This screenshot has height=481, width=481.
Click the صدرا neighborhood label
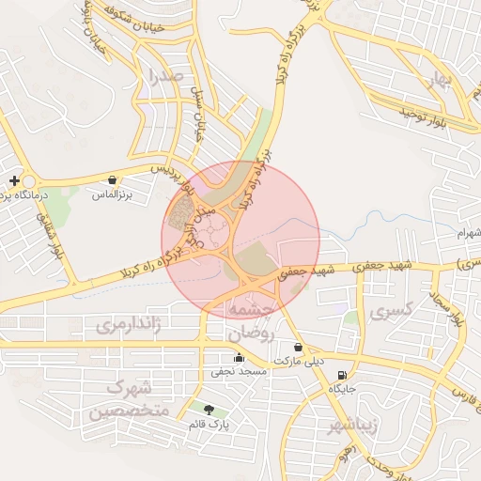164,79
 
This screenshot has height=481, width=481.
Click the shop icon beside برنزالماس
113,179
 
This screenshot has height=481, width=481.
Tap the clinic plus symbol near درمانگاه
13,180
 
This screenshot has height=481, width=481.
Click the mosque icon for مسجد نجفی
239,358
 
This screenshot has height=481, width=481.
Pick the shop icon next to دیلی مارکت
298,348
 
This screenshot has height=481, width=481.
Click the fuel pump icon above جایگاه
339,375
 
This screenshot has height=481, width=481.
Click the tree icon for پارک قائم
208,410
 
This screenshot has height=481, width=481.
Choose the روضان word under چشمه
247,333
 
